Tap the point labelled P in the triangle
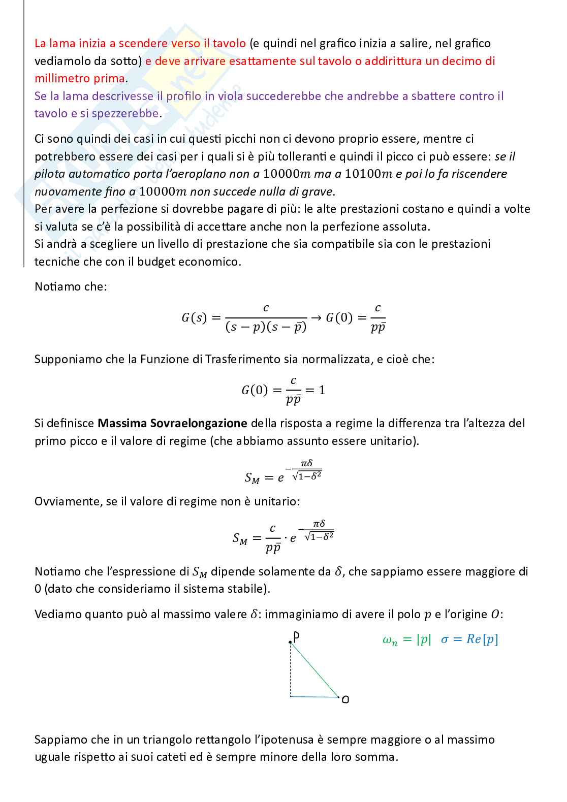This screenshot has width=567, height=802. pos(295,636)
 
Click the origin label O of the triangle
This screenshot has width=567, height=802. pos(345,700)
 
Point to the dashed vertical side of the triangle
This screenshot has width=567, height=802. pos(290,669)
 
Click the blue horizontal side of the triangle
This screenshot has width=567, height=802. pos(314,697)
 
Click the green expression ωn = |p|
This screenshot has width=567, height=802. pos(406,640)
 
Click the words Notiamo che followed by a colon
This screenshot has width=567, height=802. pos(71,286)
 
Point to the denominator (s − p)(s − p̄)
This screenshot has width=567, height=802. pos(266,328)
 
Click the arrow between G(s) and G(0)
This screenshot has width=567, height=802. pos(316,318)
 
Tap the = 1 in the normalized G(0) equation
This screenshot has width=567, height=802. pos(316,390)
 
